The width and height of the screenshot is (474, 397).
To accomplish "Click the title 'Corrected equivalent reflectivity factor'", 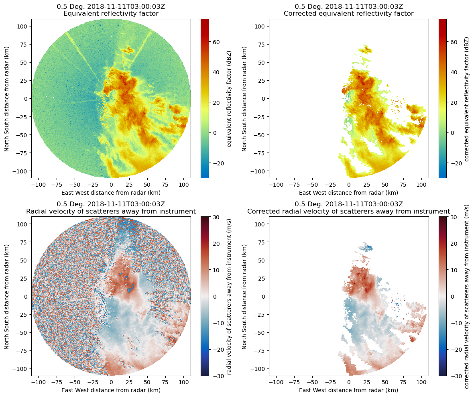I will pyautogui.click(x=348, y=14).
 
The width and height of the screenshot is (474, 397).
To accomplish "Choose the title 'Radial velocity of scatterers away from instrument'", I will pyautogui.click(x=111, y=212).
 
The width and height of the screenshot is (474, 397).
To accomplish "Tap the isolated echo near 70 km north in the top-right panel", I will pyautogui.click(x=366, y=50).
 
